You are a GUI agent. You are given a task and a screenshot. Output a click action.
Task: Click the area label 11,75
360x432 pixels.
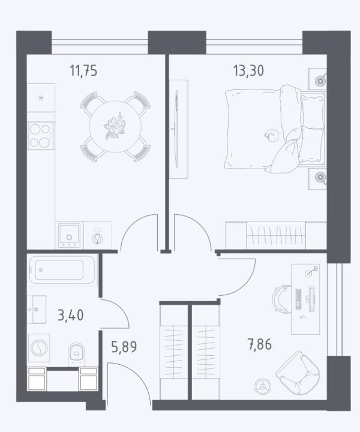[x=83, y=71]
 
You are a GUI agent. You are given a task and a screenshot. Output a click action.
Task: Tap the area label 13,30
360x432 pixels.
[x=248, y=71]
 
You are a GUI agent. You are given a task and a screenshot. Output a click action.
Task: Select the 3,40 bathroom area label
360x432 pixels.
[x=71, y=315]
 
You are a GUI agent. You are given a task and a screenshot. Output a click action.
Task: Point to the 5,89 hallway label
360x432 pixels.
[x=124, y=347]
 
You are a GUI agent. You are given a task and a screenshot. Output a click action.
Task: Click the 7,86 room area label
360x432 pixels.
[x=260, y=344]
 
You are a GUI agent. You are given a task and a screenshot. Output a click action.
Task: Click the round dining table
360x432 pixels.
[x=115, y=127]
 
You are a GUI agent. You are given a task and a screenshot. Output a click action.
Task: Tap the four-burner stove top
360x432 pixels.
[x=41, y=136]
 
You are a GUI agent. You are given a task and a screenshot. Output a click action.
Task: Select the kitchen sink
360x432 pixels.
[x=69, y=235]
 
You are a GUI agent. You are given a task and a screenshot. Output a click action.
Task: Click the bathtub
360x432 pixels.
[x=62, y=270]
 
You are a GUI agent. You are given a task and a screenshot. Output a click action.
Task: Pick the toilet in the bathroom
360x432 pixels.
[x=77, y=353]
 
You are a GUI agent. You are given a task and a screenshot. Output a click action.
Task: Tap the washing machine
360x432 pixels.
[x=39, y=347]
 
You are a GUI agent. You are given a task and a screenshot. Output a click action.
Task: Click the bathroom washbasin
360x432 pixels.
[x=37, y=309]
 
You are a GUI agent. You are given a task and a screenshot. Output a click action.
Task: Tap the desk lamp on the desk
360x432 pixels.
[x=311, y=272]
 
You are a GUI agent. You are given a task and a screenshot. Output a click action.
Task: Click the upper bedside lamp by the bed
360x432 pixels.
[x=320, y=80]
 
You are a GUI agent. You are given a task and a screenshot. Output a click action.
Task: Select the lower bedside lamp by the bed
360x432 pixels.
[x=320, y=177]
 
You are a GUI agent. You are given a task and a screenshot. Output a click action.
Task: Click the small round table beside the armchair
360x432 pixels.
[x=262, y=386]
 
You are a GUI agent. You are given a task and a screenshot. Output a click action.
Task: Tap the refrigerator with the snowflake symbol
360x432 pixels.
[x=41, y=98]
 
